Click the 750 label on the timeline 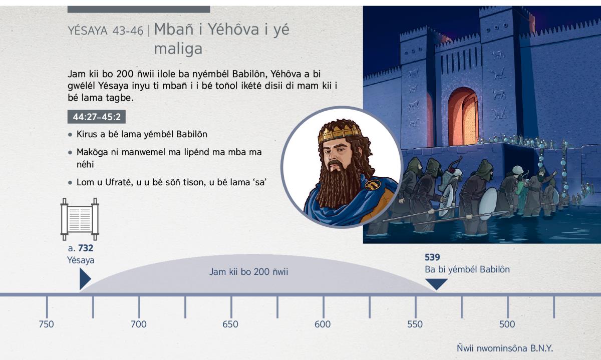point(46,324)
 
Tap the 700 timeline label point(138,324)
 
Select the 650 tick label point(230,324)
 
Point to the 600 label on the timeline point(323,324)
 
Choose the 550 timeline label point(415,324)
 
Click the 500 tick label point(507,324)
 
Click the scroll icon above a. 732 point(80,219)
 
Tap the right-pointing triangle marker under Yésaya point(85,279)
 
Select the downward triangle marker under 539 point(437,284)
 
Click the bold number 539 point(432,257)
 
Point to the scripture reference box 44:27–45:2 point(97,117)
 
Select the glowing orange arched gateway point(463,116)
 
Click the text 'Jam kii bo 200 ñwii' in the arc point(248,272)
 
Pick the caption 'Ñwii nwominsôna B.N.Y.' point(505,348)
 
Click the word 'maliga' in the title point(178,49)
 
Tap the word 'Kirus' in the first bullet point(87,134)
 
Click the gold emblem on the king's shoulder point(373,184)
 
